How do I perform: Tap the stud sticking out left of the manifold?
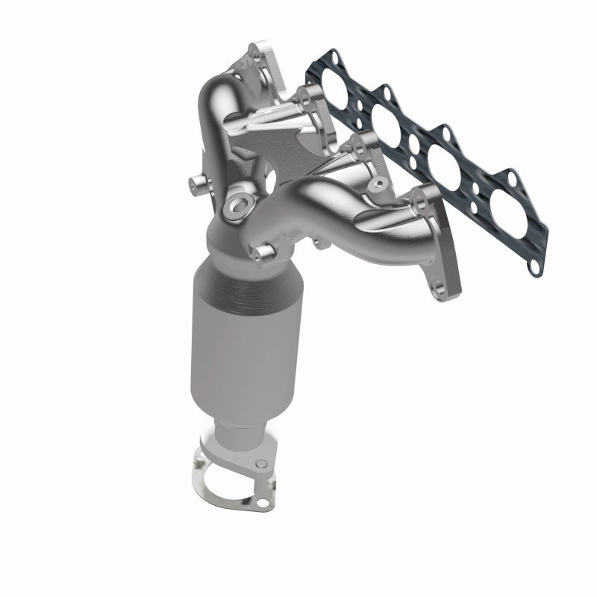pyautogui.click(x=199, y=181)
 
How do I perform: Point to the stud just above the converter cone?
pyautogui.click(x=260, y=254)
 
